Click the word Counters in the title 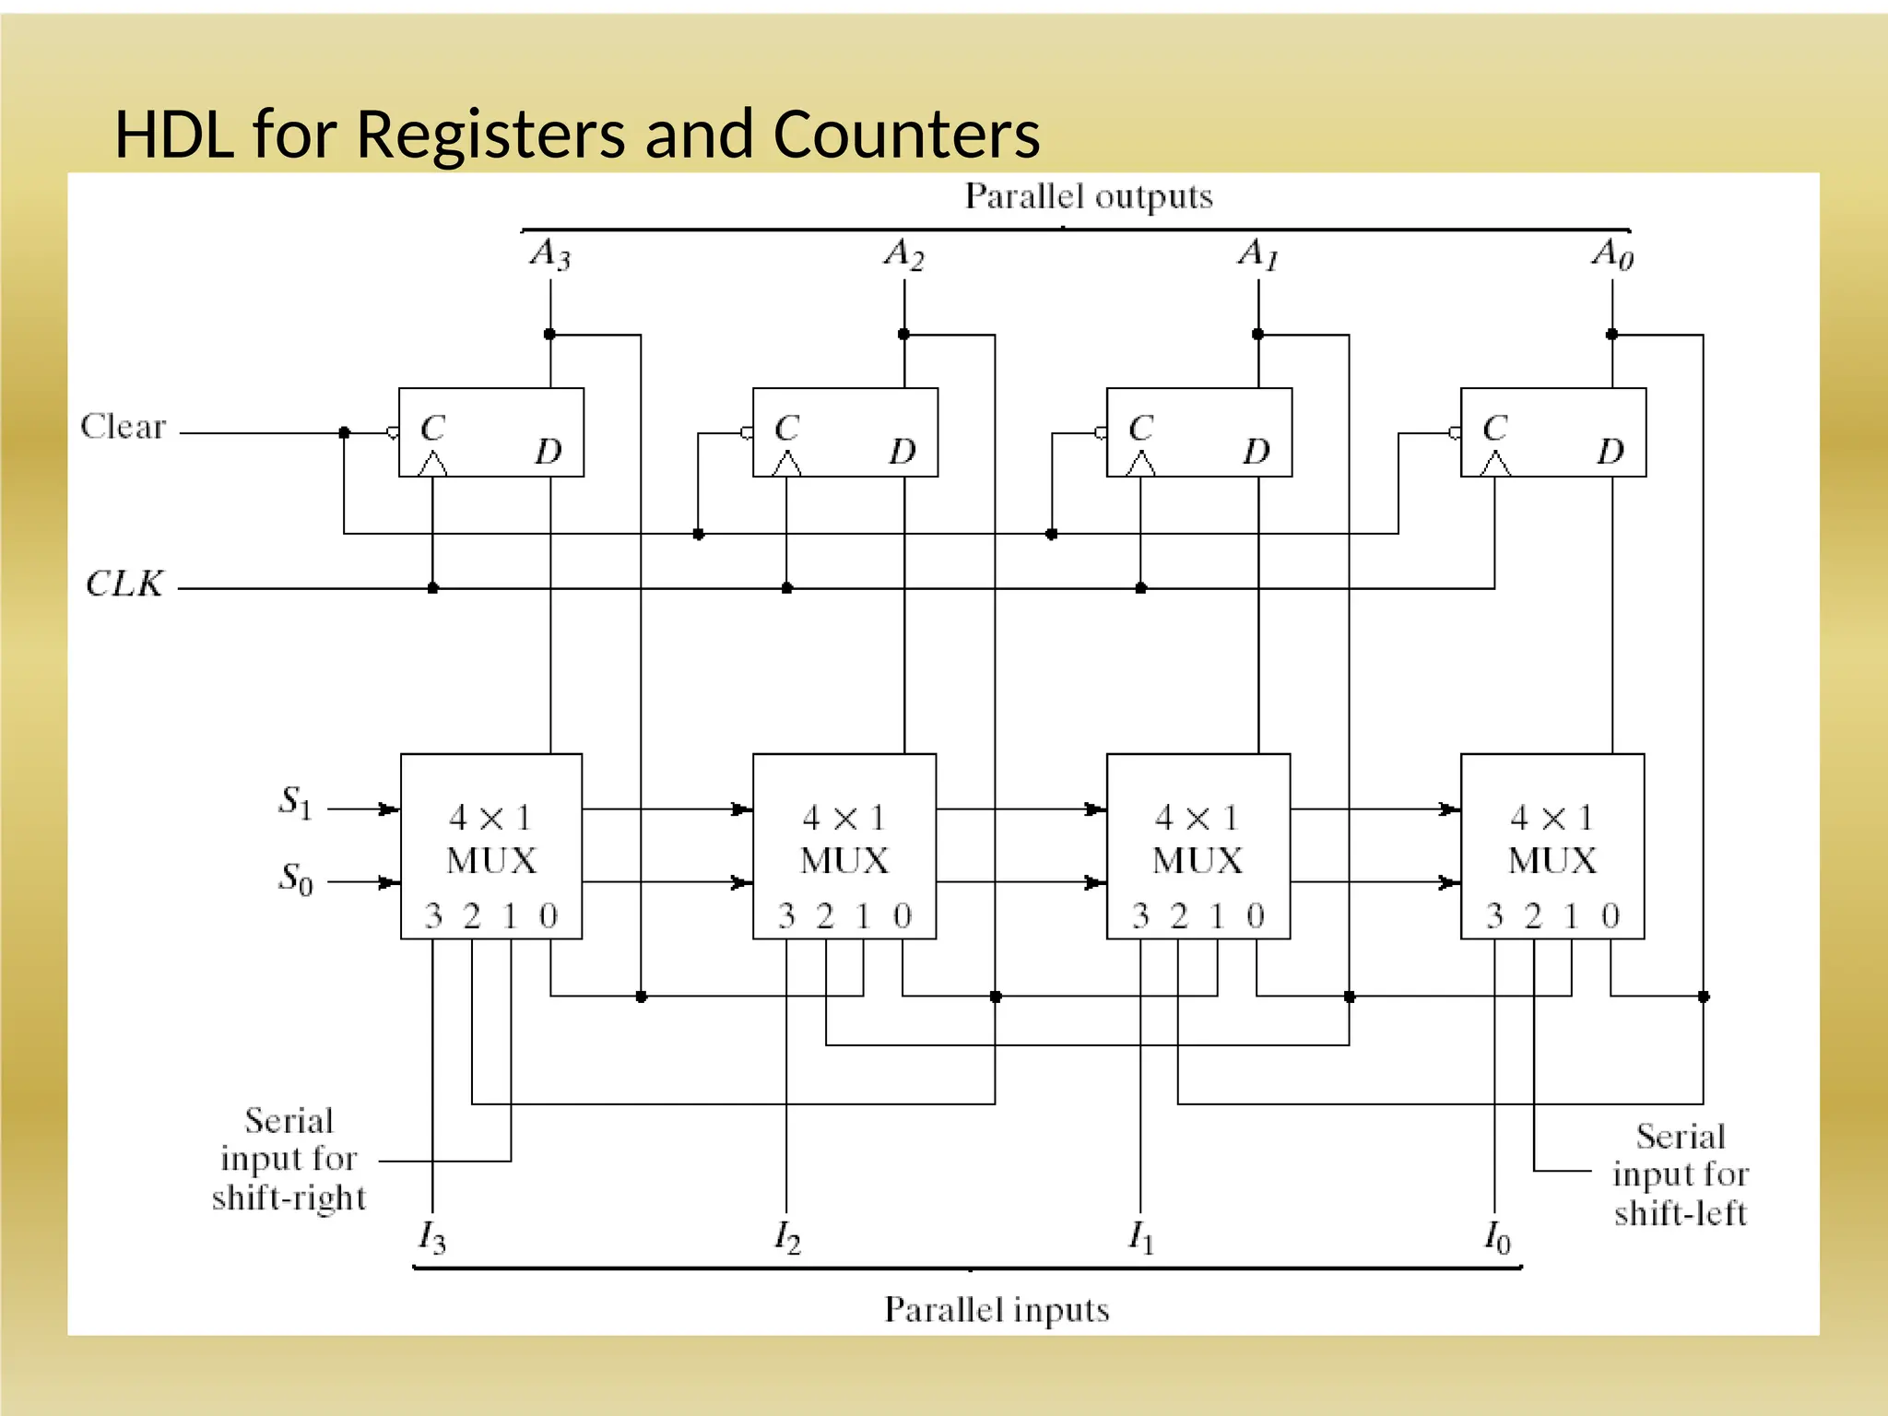click(x=906, y=135)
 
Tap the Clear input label click(x=123, y=427)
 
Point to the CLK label click(x=124, y=584)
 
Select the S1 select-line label click(x=296, y=802)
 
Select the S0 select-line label click(x=296, y=879)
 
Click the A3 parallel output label click(x=550, y=254)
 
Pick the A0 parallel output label click(x=1612, y=254)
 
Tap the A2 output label click(x=903, y=254)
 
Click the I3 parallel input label click(x=431, y=1237)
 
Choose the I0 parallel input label click(x=1497, y=1237)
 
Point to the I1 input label click(x=1141, y=1237)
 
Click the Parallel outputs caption click(x=1088, y=196)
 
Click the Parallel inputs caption click(x=997, y=1310)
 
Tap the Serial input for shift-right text click(x=289, y=1159)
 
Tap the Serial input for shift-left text click(x=1680, y=1174)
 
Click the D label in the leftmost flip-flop click(x=549, y=452)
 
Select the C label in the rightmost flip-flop click(x=1494, y=428)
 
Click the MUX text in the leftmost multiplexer click(x=491, y=861)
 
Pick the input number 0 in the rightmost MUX click(x=1611, y=916)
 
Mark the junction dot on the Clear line click(x=344, y=432)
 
